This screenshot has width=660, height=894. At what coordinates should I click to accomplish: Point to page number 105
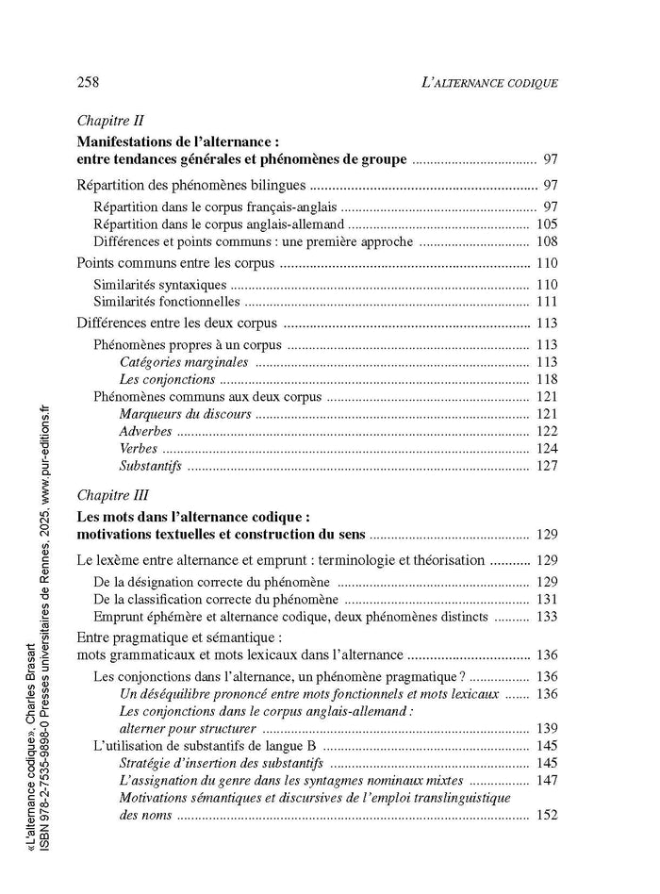click(547, 224)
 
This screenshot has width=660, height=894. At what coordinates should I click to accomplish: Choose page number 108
click(547, 241)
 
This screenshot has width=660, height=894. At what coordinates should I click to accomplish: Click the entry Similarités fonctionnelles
click(166, 302)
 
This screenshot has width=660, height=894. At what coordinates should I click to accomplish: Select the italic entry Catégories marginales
click(183, 362)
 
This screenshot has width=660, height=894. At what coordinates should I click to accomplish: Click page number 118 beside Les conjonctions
click(547, 379)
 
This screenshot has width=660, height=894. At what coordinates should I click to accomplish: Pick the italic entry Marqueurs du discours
click(185, 414)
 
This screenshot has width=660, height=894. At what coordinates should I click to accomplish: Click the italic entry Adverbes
click(147, 431)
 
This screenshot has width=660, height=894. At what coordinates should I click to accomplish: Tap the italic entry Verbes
click(139, 448)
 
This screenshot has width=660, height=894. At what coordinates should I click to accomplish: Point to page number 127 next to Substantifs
click(547, 466)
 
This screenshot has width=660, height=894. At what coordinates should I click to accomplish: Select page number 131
click(547, 599)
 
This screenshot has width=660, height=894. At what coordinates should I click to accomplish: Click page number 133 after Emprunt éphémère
click(547, 617)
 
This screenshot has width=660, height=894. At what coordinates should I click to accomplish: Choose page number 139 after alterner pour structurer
click(547, 728)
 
